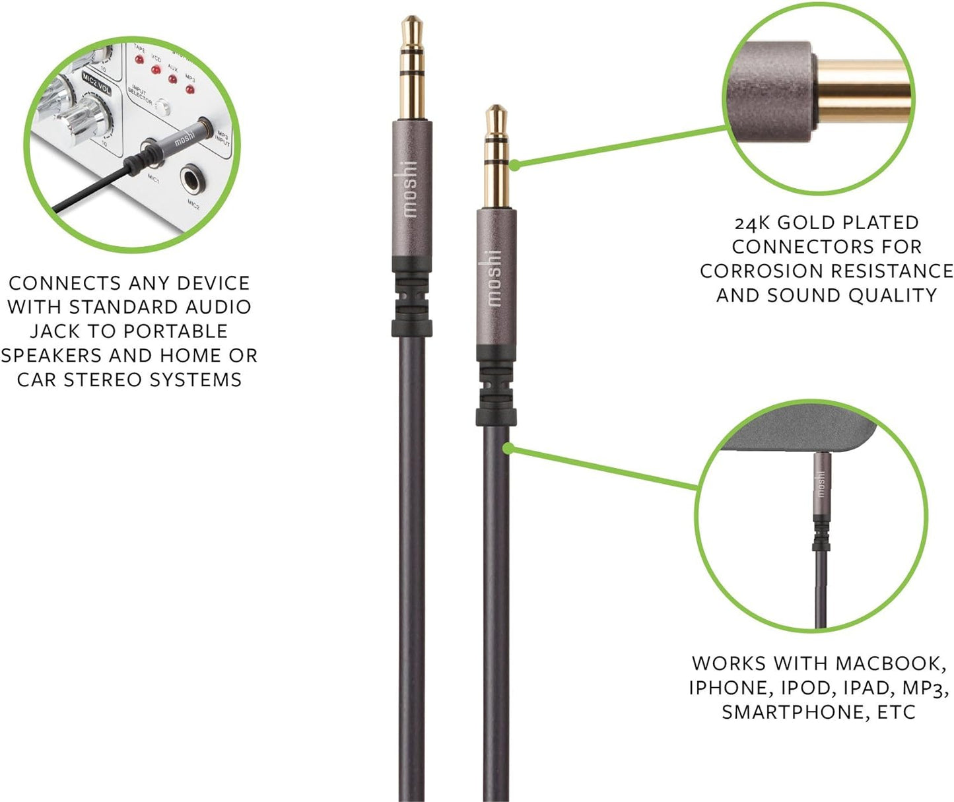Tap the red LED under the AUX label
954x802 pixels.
pyautogui.click(x=172, y=79)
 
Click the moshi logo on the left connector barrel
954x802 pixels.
pyautogui.click(x=410, y=189)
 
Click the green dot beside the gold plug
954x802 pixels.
pyautogui.click(x=514, y=165)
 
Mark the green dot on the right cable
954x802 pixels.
pyautogui.click(x=508, y=448)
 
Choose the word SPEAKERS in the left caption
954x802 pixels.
pyautogui.click(x=52, y=355)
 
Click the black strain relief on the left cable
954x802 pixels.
pyautogui.click(x=411, y=296)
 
